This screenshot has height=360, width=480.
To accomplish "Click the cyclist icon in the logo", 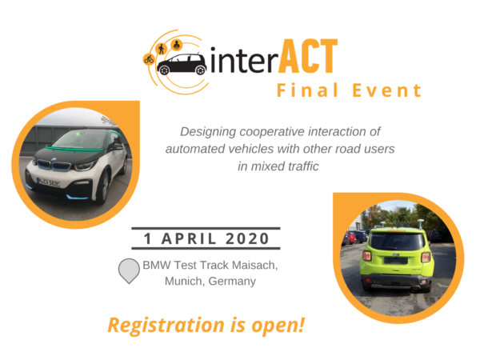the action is click(149, 59).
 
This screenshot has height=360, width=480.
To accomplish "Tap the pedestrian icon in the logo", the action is click(161, 49).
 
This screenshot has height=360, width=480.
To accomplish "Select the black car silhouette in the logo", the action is click(182, 64).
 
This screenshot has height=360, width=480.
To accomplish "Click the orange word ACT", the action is click(308, 56).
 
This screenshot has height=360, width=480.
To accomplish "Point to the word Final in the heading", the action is click(307, 90).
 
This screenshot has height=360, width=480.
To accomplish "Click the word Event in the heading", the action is click(387, 90).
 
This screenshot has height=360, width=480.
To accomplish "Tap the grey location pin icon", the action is click(129, 270).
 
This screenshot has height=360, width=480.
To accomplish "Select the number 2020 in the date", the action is click(247, 238).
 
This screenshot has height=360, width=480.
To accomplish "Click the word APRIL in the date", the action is click(189, 238).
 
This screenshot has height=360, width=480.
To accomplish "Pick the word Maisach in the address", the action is click(254, 265).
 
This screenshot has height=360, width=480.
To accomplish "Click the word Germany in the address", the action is click(232, 281).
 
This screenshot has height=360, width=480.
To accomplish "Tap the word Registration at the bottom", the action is click(166, 326).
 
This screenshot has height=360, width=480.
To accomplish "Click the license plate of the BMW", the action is click(48, 182).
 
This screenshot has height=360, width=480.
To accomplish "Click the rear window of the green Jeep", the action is click(397, 242).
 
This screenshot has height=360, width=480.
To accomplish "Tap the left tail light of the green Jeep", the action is click(366, 256).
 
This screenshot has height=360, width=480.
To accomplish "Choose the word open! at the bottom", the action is click(278, 326).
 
